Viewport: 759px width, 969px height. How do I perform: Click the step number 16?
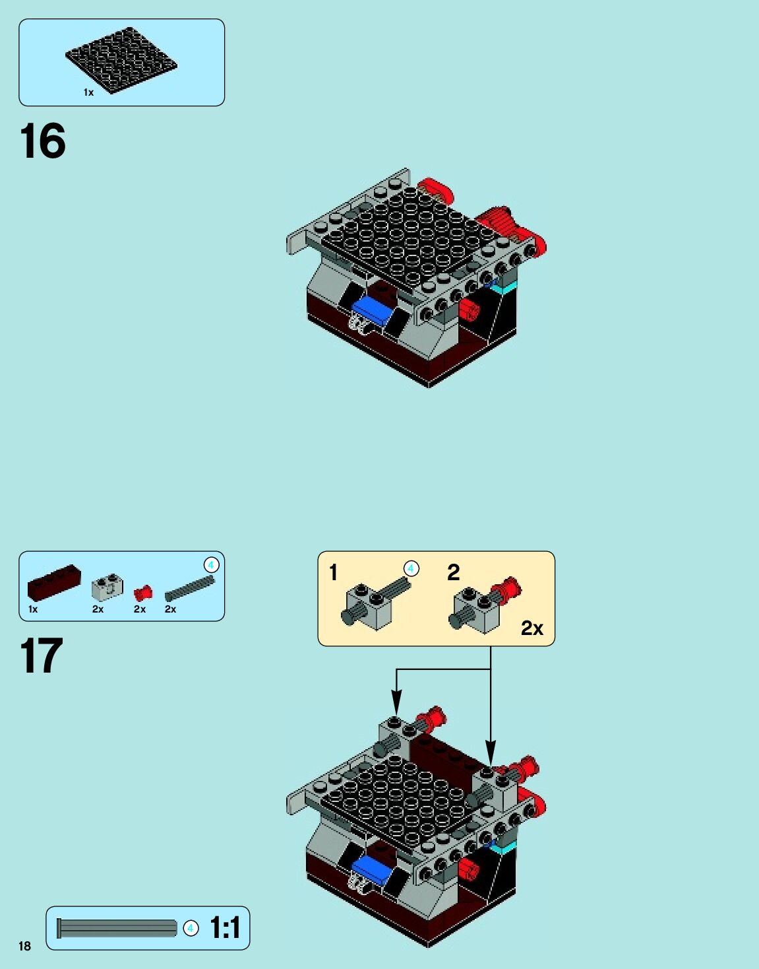pos(43,141)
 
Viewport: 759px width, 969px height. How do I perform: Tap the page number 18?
pos(25,946)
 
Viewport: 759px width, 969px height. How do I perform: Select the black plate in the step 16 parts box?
pos(121,60)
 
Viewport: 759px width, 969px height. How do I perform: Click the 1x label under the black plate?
pos(88,92)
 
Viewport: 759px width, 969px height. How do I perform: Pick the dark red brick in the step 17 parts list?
pos(54,582)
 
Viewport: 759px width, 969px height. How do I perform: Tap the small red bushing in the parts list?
pos(143,593)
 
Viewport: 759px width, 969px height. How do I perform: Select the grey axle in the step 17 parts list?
pos(190,588)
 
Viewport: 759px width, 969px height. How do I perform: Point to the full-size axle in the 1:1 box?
pos(117,928)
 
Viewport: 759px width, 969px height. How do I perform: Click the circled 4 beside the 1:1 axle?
pos(191,929)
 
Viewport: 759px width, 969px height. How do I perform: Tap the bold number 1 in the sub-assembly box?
pos(333,572)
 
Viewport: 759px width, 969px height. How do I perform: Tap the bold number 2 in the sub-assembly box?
pos(453,572)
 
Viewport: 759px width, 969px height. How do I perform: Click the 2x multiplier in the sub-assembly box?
pos(532,628)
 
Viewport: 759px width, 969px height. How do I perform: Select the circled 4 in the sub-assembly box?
pos(411,569)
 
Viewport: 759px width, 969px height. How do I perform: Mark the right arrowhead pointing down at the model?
pos(491,754)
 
